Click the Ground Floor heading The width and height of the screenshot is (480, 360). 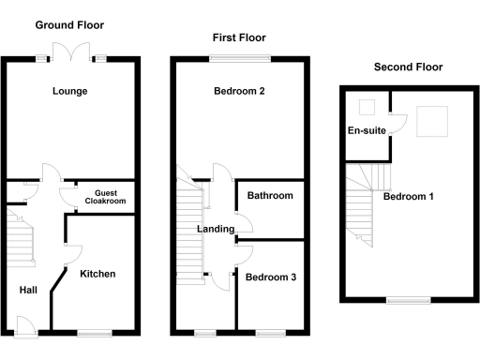click(70, 25)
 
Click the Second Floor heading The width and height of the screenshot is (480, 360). click(408, 67)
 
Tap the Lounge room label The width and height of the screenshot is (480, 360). click(70, 91)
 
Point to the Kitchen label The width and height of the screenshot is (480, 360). click(97, 274)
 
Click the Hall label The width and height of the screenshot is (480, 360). click(29, 290)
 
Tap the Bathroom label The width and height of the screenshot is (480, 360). click(270, 196)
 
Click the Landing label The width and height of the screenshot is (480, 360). click(215, 229)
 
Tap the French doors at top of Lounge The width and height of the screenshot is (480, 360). click(70, 52)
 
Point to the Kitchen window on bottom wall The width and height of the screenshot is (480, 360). click(94, 332)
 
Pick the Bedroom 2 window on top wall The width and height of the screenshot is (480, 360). click(240, 59)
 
